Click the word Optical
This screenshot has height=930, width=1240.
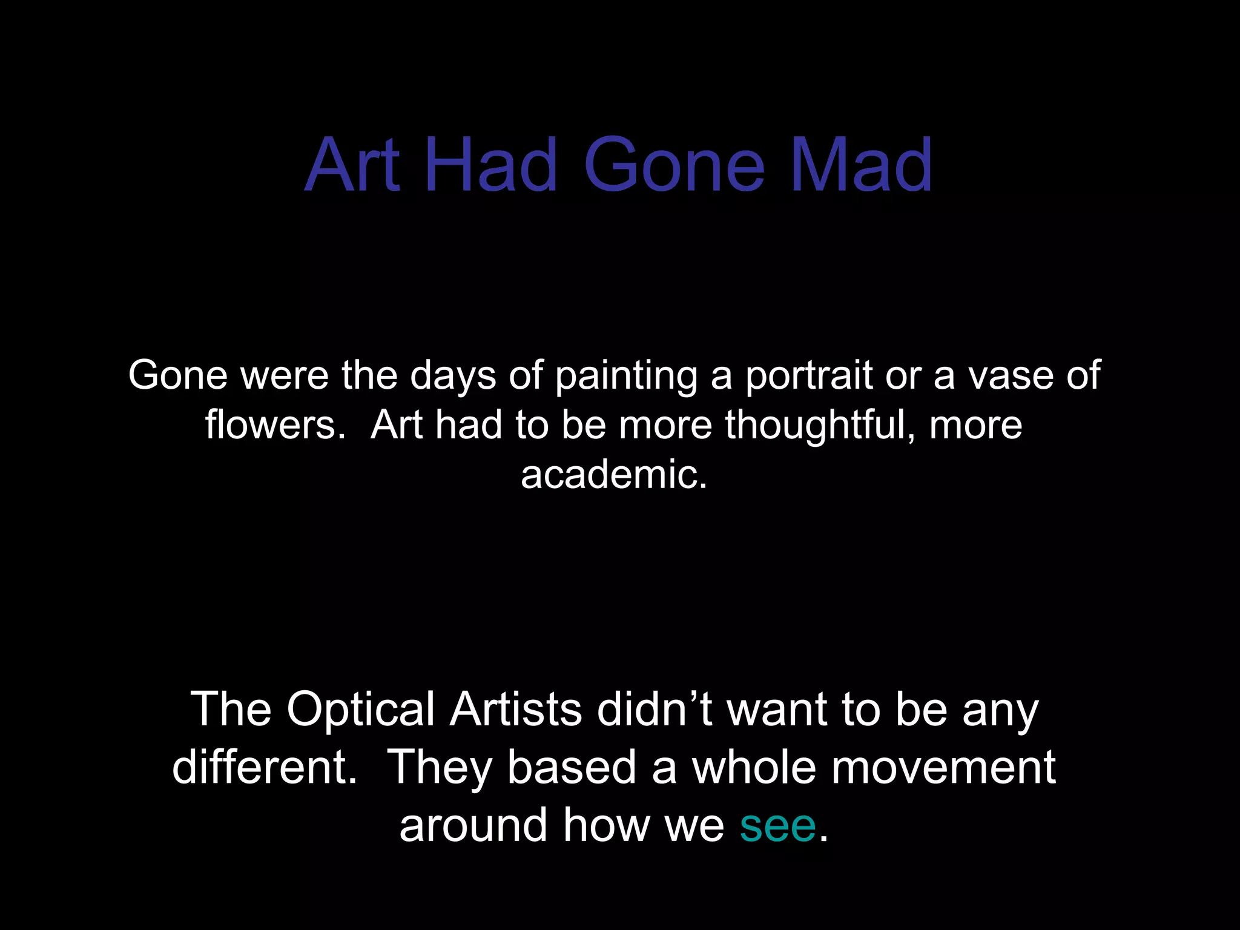pyautogui.click(x=360, y=709)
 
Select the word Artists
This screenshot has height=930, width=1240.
pyautogui.click(x=515, y=709)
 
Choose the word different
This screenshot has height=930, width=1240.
pyautogui.click(x=265, y=767)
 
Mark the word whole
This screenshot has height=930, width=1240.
pyautogui.click(x=754, y=767)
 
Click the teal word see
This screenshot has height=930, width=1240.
pyautogui.click(x=777, y=825)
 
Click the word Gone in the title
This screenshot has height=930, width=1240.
pyautogui.click(x=674, y=165)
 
